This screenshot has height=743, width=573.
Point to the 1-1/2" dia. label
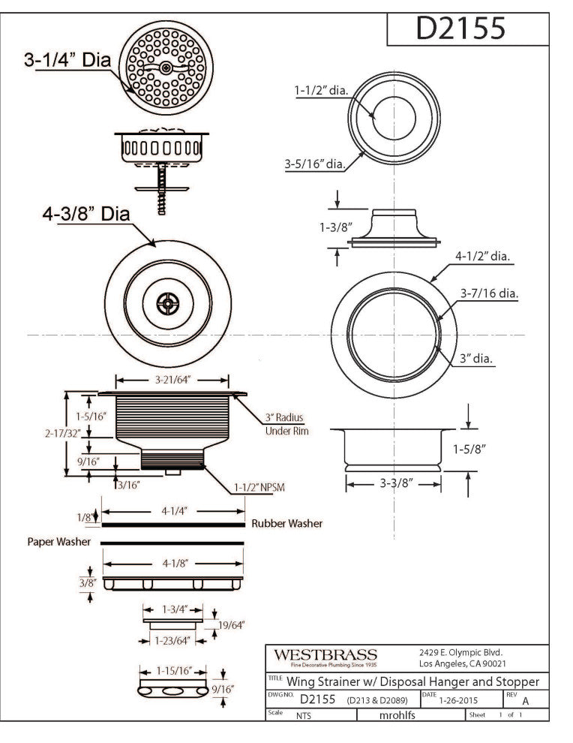pos(320,89)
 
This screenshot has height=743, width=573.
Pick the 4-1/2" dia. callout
pos(482,257)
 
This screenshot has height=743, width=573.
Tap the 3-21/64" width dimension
pos(174,380)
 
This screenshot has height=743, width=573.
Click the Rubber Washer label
pos(286,523)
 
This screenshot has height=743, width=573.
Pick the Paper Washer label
pos(59,541)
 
